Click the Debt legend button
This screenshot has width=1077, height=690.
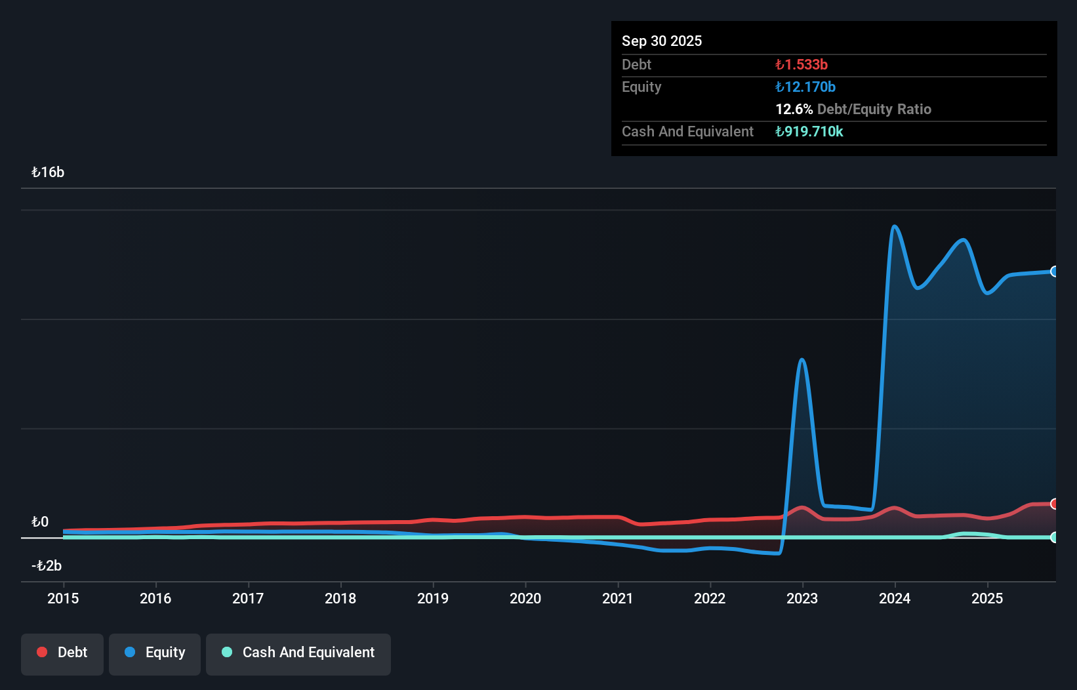[x=62, y=653]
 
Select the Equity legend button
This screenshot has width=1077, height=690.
[x=155, y=653]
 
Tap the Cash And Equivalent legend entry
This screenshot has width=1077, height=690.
[x=298, y=653]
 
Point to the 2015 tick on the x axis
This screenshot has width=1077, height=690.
[x=63, y=598]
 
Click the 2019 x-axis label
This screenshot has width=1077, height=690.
[x=433, y=598]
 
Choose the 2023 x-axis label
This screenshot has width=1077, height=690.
[x=802, y=598]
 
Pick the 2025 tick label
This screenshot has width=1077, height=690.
[x=987, y=598]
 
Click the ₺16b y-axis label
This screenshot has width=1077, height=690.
[x=48, y=172]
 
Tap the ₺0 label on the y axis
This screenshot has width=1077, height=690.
[x=40, y=522]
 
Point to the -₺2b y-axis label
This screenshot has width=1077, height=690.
[x=47, y=566]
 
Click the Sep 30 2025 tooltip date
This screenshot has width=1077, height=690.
[x=662, y=41]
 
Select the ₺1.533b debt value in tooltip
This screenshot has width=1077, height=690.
[x=801, y=64]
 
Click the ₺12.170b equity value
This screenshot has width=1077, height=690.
[x=805, y=87]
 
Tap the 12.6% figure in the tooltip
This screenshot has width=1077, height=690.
[x=794, y=109]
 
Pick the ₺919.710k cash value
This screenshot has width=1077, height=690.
[x=809, y=131]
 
